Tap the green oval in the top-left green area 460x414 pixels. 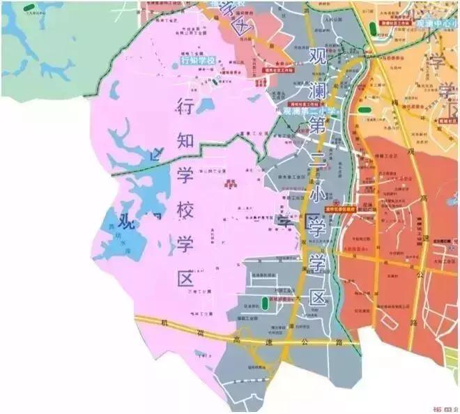[29, 7]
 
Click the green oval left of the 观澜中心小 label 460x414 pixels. [374, 29]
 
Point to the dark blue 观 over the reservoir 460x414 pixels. [125, 223]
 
